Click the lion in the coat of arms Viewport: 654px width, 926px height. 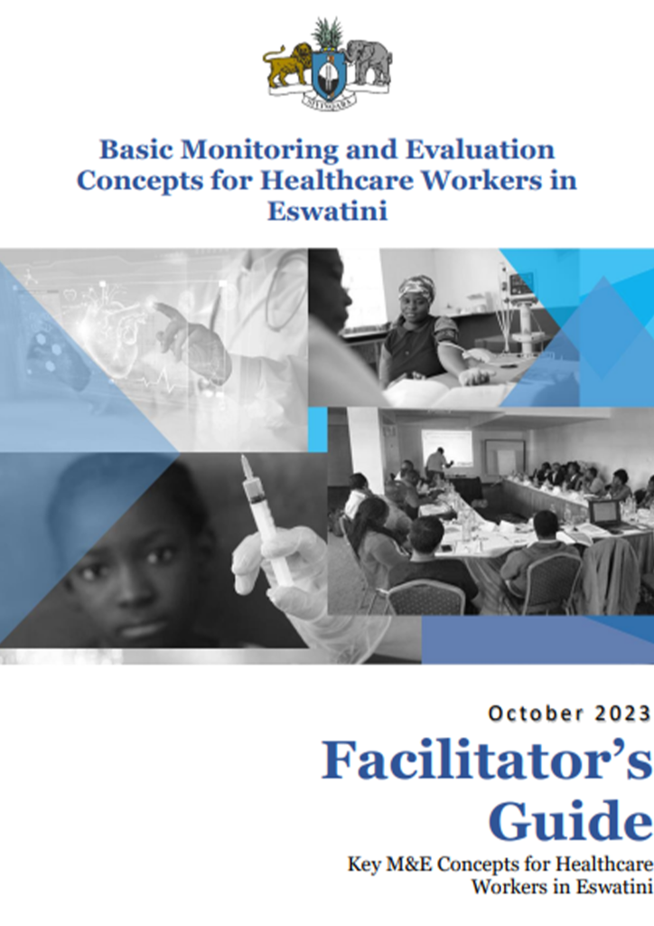(287, 66)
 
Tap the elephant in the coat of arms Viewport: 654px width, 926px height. (369, 62)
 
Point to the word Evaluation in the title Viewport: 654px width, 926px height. (480, 149)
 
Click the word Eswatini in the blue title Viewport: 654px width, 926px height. (327, 211)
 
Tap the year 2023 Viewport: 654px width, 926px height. (622, 713)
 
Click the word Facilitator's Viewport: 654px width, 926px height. (487, 760)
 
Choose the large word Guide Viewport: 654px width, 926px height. (570, 820)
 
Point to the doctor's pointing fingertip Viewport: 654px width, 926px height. (157, 306)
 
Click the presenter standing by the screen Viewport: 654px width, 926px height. (437, 465)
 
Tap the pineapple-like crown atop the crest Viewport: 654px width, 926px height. (327, 33)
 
